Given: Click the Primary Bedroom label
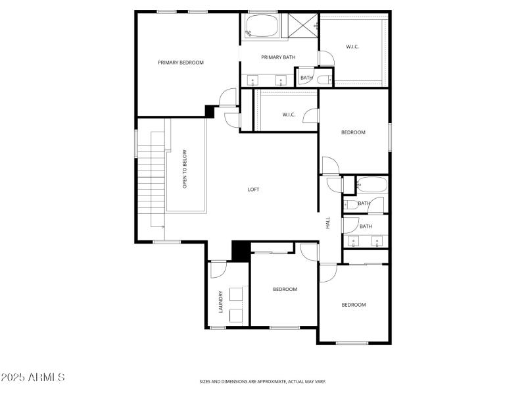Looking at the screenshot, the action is point(180,63).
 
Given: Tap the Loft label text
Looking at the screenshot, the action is point(253,190).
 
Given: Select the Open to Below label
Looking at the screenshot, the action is point(185,169).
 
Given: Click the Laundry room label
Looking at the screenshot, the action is point(221,302).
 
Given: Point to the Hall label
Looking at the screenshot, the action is point(327,223).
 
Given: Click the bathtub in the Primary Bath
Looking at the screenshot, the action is point(262,25).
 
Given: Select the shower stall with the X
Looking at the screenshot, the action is point(302,25).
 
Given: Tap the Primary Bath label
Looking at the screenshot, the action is point(278,57).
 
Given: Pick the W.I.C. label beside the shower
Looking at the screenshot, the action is point(352,47).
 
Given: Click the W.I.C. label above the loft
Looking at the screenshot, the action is point(289,115).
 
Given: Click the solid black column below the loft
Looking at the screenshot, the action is point(241,251).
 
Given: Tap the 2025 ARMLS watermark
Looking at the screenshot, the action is point(32,377).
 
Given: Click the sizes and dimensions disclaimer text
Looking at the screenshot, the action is point(262,382).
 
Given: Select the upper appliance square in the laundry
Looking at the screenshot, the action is point(236,294).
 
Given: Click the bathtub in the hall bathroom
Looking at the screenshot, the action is point(372,184).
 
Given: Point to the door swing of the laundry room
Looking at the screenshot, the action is point(219,270).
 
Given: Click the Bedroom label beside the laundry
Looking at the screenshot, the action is point(285,289).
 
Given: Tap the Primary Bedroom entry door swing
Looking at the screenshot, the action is point(228,97).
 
